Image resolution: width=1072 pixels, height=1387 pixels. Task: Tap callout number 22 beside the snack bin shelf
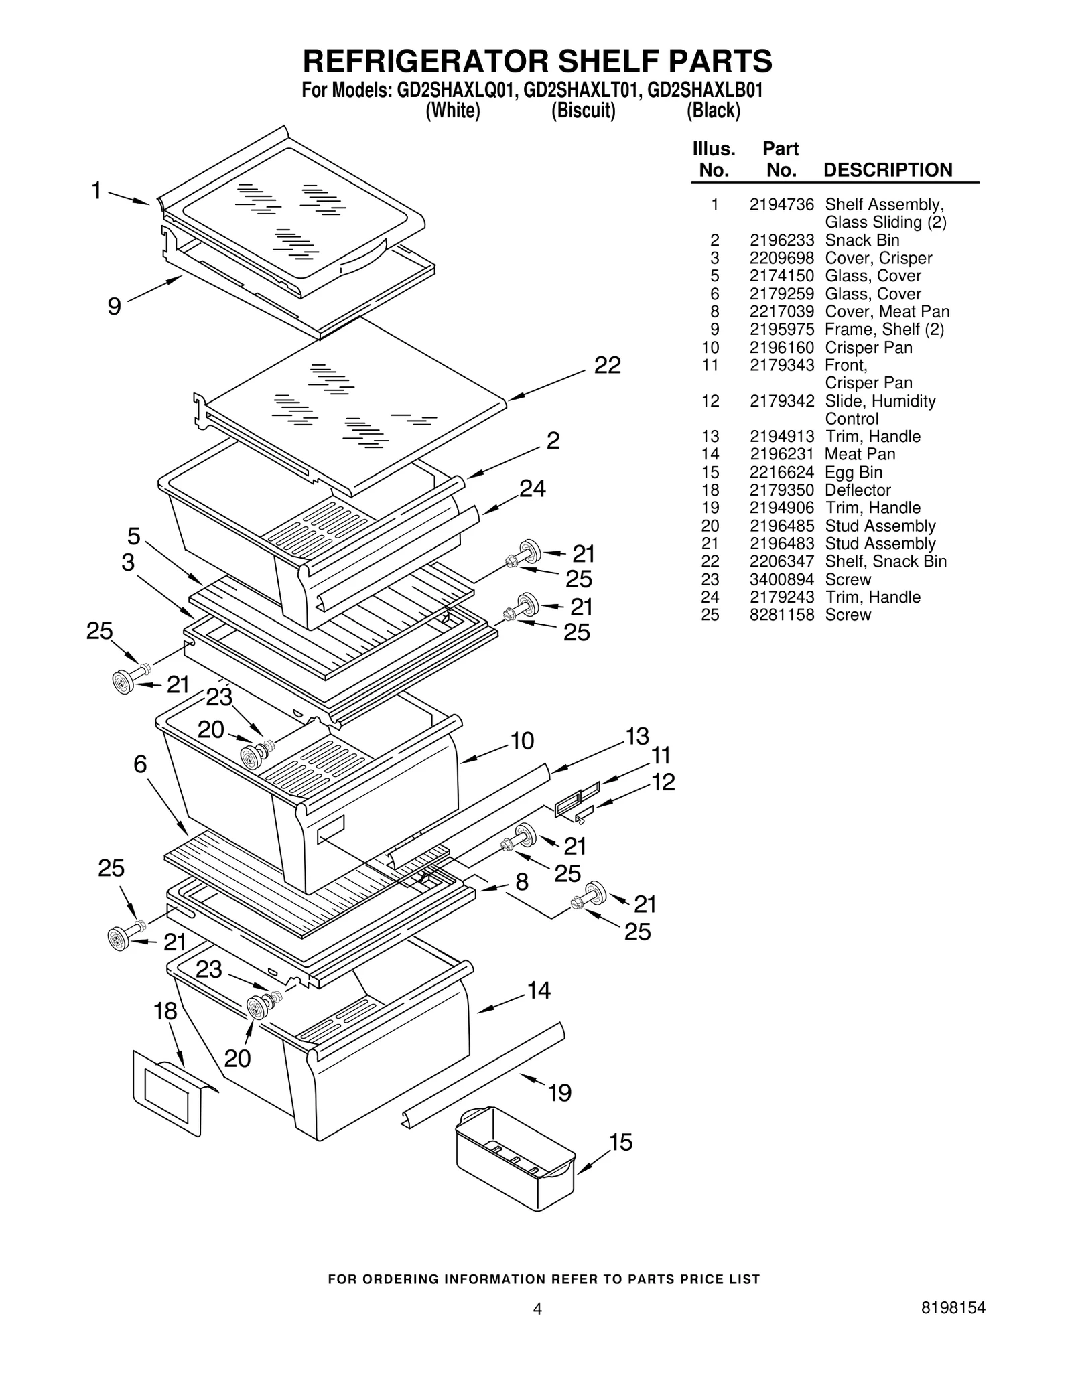click(607, 365)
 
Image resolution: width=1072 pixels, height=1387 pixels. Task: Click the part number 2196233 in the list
click(781, 240)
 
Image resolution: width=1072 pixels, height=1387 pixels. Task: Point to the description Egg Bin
click(853, 472)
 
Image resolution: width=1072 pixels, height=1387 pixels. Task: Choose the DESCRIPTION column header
click(887, 170)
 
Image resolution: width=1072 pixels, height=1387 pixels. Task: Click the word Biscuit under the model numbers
click(583, 111)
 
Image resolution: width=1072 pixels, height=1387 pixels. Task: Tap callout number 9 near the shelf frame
click(115, 307)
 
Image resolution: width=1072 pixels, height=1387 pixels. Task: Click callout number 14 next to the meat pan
click(539, 990)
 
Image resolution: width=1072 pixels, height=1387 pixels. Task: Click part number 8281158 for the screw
click(781, 615)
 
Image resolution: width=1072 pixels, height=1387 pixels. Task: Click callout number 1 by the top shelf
click(97, 191)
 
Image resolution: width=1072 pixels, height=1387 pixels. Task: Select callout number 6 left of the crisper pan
click(139, 764)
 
